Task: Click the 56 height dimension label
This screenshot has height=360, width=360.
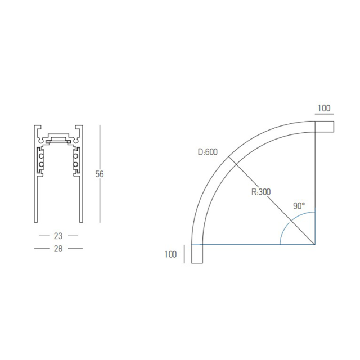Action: pyautogui.click(x=100, y=174)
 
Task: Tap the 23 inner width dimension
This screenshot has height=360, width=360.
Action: pyautogui.click(x=58, y=236)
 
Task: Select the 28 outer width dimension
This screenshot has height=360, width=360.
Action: pyautogui.click(x=58, y=249)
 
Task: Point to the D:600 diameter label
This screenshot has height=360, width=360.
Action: pyautogui.click(x=208, y=152)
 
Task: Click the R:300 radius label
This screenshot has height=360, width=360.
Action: pyautogui.click(x=261, y=192)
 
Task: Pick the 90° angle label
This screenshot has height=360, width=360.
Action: pyautogui.click(x=299, y=206)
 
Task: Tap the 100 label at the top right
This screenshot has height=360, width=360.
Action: pyautogui.click(x=324, y=108)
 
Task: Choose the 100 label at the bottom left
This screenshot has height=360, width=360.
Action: pyautogui.click(x=170, y=254)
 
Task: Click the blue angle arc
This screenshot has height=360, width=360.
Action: pyautogui.click(x=289, y=221)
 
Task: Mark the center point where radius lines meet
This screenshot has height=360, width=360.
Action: pyautogui.click(x=315, y=245)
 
